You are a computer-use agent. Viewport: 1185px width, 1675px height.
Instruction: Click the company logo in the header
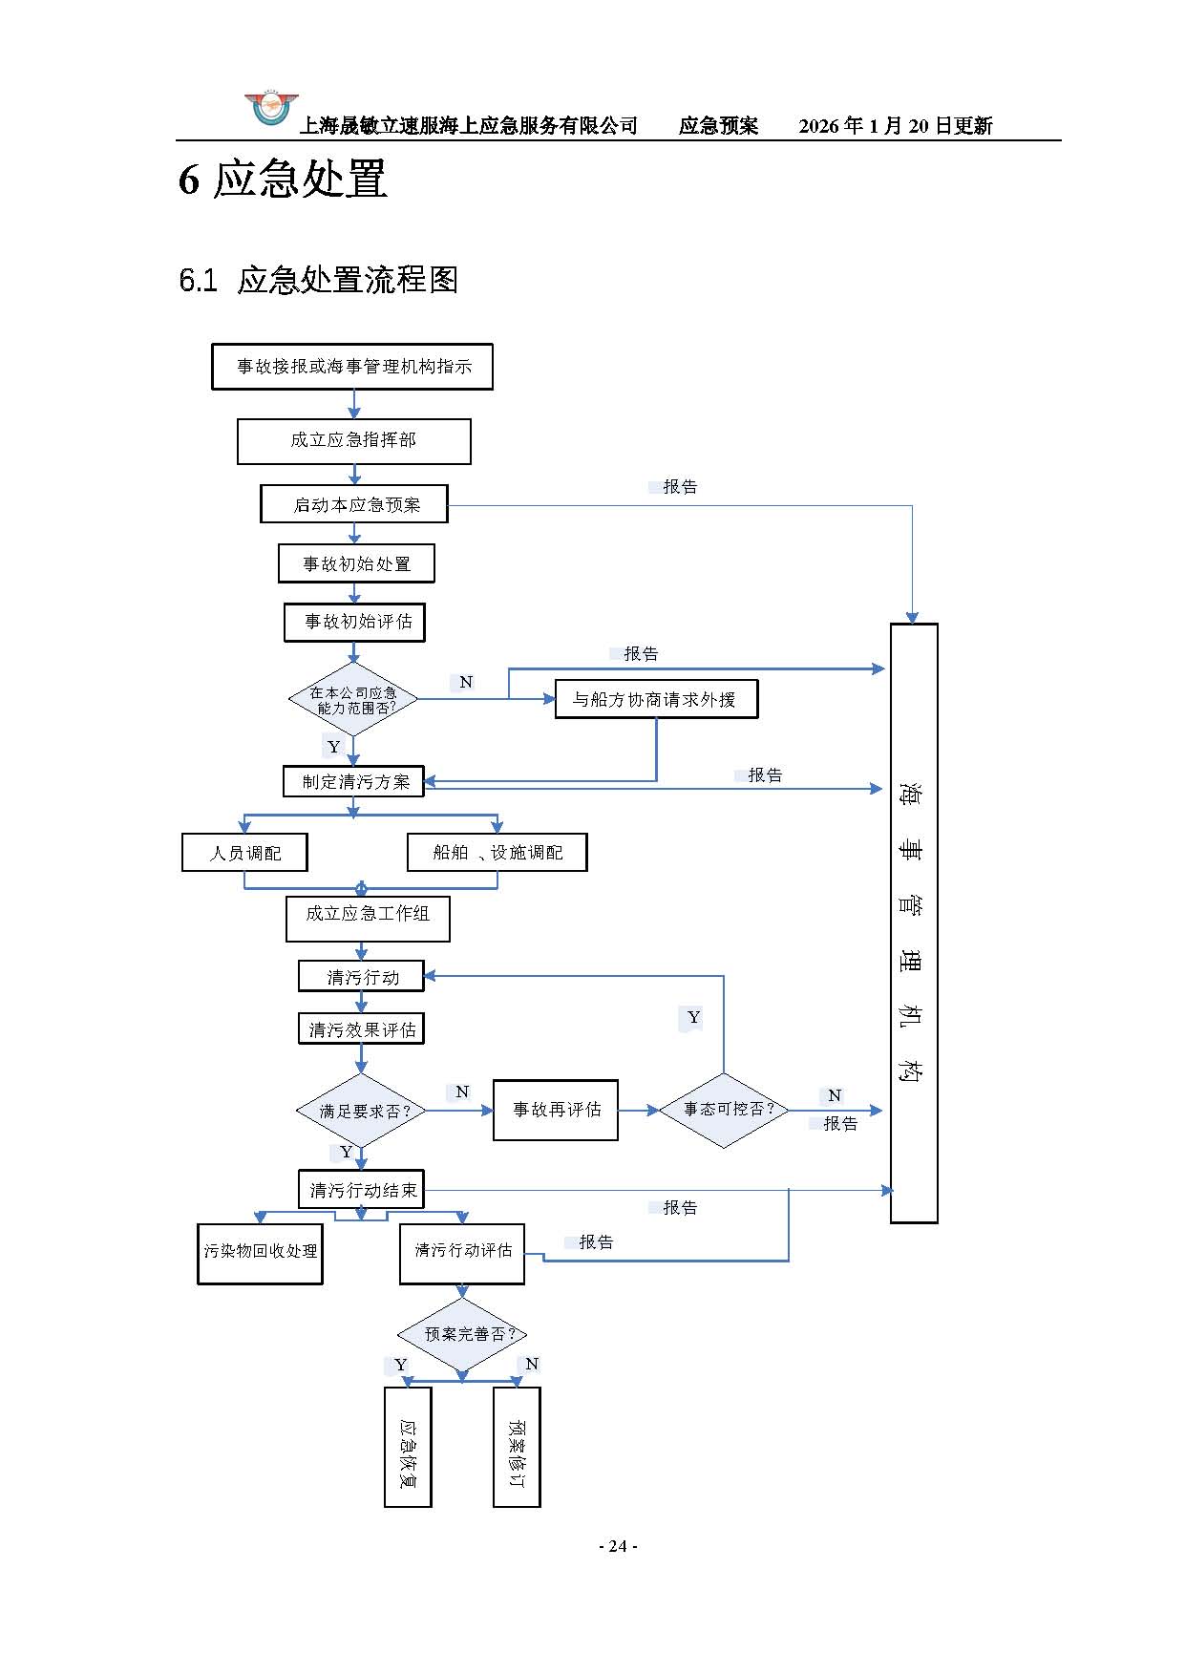271,110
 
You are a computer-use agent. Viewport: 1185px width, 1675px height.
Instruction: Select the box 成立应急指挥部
353,441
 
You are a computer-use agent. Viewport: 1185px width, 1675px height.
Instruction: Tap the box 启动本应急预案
354,504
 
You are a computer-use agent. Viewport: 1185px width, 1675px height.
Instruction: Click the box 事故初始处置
356,563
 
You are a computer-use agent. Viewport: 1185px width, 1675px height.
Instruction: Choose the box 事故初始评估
354,622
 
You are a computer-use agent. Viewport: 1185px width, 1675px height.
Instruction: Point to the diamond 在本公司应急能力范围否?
353,700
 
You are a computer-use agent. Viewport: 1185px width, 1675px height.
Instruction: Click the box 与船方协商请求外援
656,699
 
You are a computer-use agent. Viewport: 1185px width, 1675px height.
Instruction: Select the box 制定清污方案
353,781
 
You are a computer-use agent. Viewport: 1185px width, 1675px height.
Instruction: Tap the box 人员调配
244,853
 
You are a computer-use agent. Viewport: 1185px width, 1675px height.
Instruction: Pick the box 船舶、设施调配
497,853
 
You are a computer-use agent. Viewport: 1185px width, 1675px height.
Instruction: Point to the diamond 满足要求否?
361,1111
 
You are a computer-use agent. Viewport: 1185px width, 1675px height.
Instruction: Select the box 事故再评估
556,1110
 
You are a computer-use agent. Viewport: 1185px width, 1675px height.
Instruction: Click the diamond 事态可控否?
724,1110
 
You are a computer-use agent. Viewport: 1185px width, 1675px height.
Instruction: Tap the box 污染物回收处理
260,1253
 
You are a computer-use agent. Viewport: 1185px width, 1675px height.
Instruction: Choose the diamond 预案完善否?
462,1334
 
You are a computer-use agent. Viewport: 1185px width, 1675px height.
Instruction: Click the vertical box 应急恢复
408,1447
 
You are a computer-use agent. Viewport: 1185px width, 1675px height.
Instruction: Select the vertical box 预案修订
517,1447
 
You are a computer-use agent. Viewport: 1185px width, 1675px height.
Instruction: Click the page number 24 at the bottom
618,1546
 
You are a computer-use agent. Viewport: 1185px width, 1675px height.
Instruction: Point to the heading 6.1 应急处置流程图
319,280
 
